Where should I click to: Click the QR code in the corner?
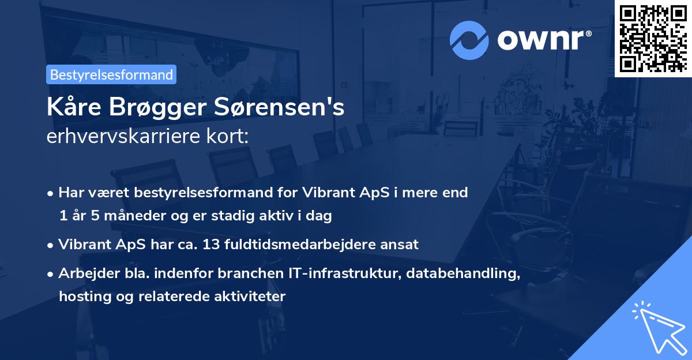(653, 38)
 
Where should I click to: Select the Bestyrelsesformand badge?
(111, 74)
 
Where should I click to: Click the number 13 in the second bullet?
(212, 244)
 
